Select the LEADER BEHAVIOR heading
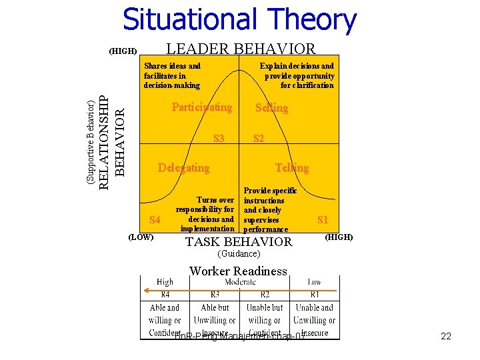coord(241,49)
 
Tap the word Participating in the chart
coord(202,107)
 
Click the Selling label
coord(272,107)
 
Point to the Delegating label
coord(183,168)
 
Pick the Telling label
coord(292,168)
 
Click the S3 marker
coord(218,139)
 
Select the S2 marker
coord(259,139)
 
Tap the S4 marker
coord(155,220)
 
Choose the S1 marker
coord(323,219)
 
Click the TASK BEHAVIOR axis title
coord(239,242)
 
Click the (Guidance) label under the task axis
coord(239,254)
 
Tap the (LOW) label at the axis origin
coord(141,237)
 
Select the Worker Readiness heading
coord(238,271)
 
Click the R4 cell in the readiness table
coord(165,293)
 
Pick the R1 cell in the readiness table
coord(315,293)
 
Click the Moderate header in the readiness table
coord(240,282)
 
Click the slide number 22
coord(446,337)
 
